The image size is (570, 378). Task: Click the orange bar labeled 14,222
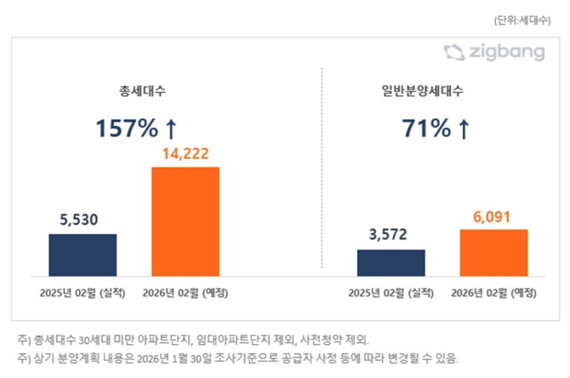click(x=185, y=221)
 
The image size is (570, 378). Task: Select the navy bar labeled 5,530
click(x=83, y=255)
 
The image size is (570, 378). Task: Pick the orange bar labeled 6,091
click(x=493, y=252)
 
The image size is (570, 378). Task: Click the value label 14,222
click(x=185, y=154)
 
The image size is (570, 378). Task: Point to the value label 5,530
click(x=83, y=220)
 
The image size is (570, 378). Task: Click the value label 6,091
click(x=493, y=216)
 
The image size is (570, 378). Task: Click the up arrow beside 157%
click(x=170, y=129)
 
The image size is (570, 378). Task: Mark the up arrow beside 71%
click(x=464, y=129)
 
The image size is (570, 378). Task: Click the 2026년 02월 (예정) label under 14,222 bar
click(x=186, y=293)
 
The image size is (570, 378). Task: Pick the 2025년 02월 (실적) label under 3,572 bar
click(x=391, y=293)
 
